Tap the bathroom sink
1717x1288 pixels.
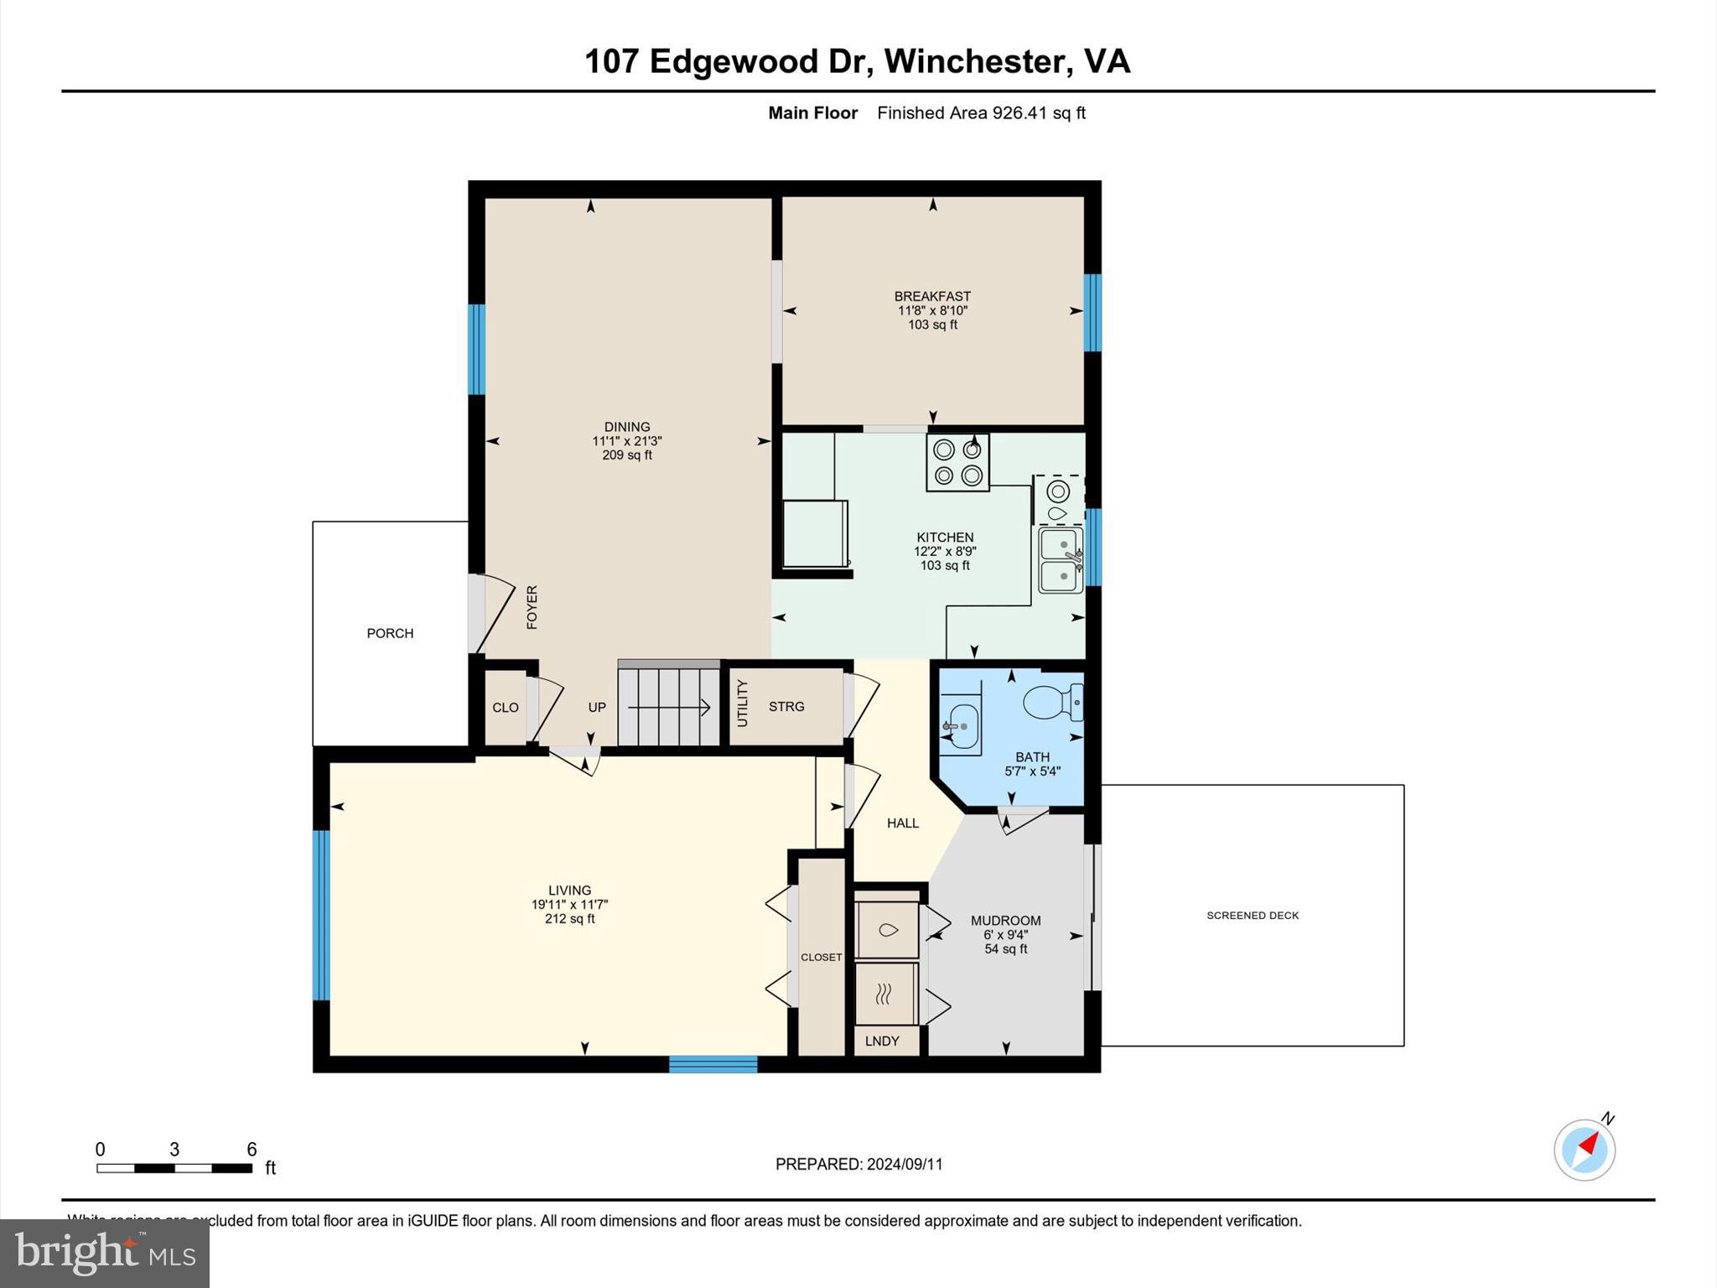point(961,725)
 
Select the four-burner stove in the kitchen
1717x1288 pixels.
point(957,462)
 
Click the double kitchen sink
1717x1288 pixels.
point(1060,559)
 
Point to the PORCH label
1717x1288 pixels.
point(390,633)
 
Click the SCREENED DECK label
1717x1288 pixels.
point(1252,915)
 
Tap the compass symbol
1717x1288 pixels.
point(1584,1150)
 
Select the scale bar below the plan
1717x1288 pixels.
point(174,1168)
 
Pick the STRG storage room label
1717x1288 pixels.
point(786,706)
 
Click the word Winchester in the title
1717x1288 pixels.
point(974,61)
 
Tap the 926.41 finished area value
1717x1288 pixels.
point(1019,112)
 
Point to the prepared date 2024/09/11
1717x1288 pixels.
point(904,1164)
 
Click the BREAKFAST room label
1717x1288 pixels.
point(932,296)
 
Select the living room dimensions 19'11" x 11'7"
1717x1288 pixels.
point(569,905)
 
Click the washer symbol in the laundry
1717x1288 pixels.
point(886,930)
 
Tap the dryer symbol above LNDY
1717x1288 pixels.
point(884,995)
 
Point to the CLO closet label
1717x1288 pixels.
point(505,707)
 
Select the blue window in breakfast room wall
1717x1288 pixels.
point(1092,312)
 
